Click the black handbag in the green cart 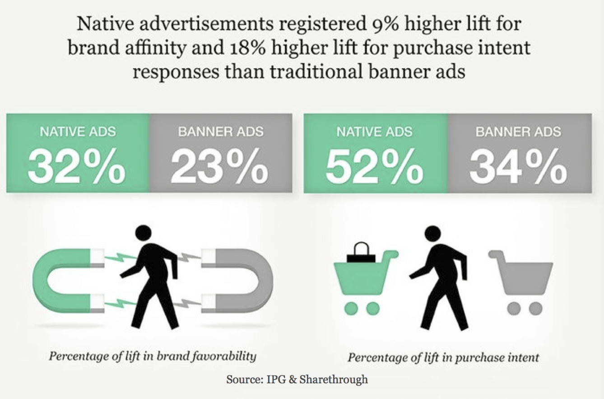tap(361, 253)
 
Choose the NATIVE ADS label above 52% tap(374, 132)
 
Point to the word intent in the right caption tap(524, 357)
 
